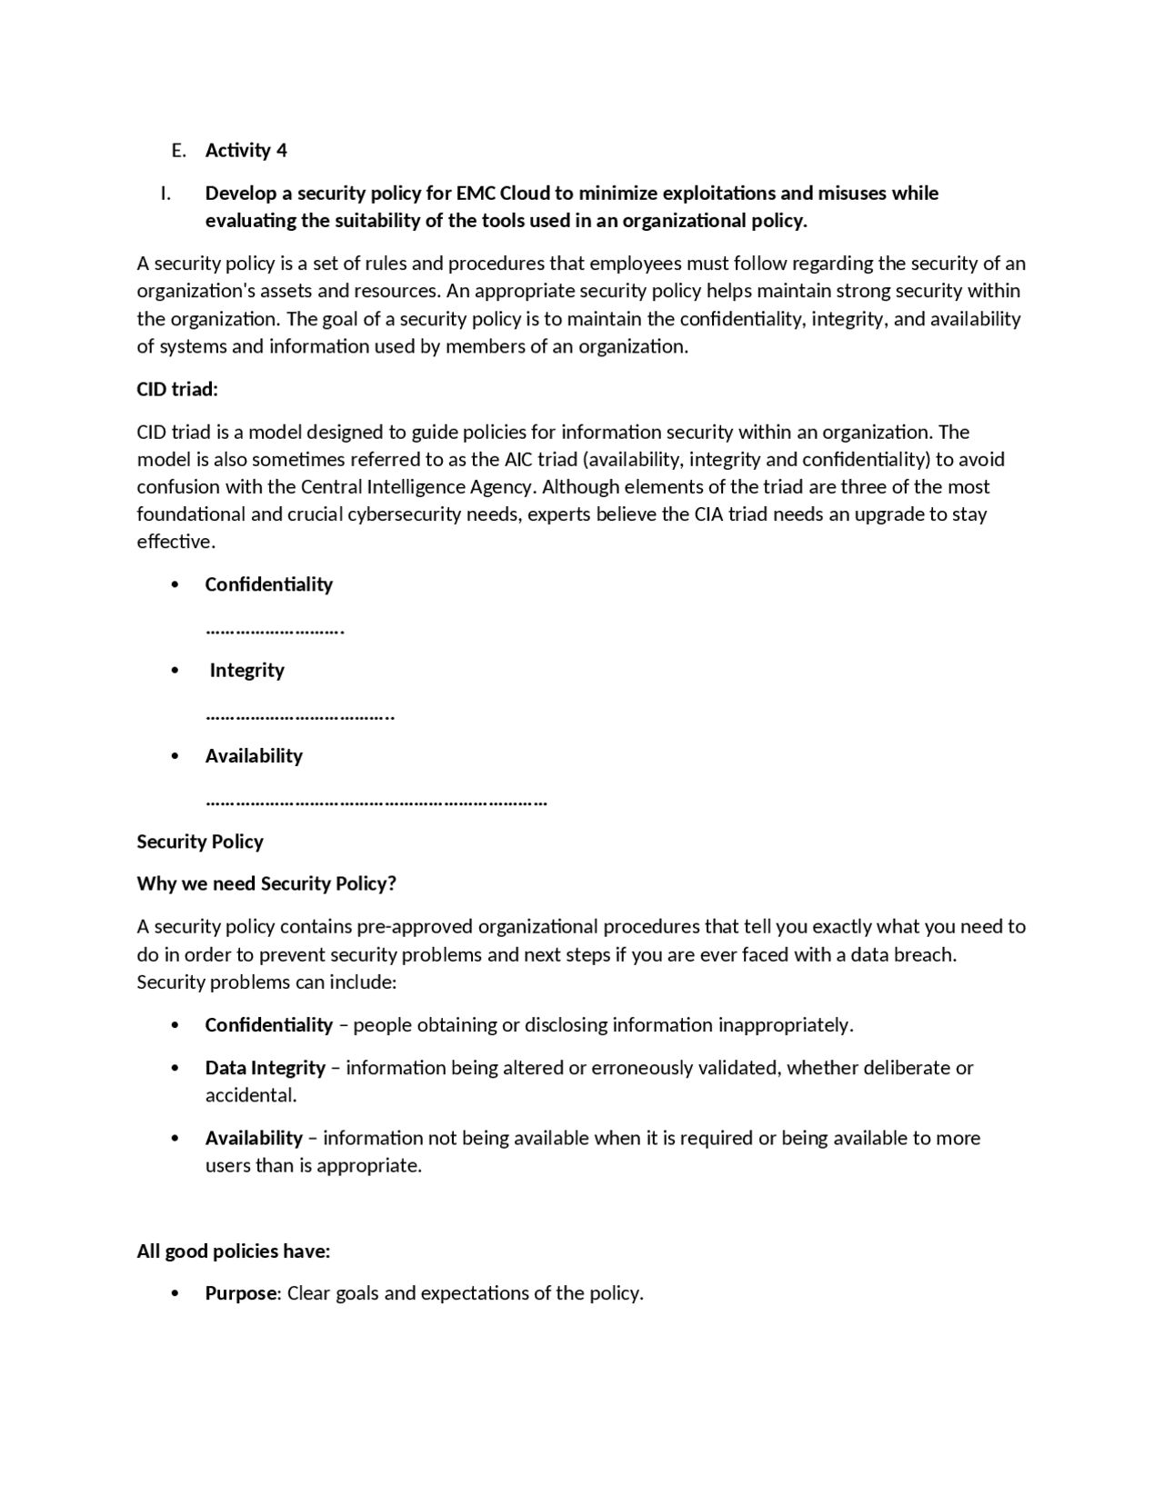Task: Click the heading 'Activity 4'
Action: point(246,151)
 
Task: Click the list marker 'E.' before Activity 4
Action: point(178,151)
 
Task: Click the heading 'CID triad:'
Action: point(177,390)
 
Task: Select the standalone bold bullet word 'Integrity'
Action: point(246,671)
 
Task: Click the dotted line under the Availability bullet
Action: point(376,802)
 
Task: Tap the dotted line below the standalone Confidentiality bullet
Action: point(274,629)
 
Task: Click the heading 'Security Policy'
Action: point(200,842)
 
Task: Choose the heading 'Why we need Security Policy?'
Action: point(266,884)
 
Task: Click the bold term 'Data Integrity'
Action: point(265,1068)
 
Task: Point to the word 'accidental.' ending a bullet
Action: point(251,1096)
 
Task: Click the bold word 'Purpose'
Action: point(240,1293)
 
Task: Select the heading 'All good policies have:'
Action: point(233,1251)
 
